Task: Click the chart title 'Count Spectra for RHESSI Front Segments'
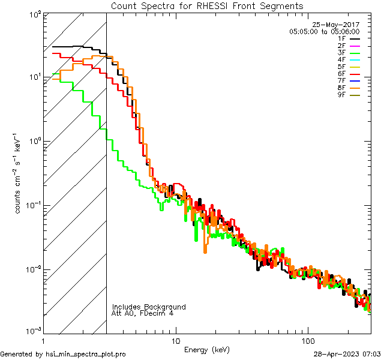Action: (x=207, y=5)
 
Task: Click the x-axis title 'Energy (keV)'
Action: (x=207, y=349)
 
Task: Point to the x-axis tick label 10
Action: (x=175, y=340)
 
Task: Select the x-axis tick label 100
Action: (x=307, y=340)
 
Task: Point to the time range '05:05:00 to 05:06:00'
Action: (x=324, y=31)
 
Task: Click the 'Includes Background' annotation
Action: (x=149, y=307)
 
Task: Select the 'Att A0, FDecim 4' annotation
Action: (x=143, y=314)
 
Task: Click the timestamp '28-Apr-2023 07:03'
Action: (x=347, y=355)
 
